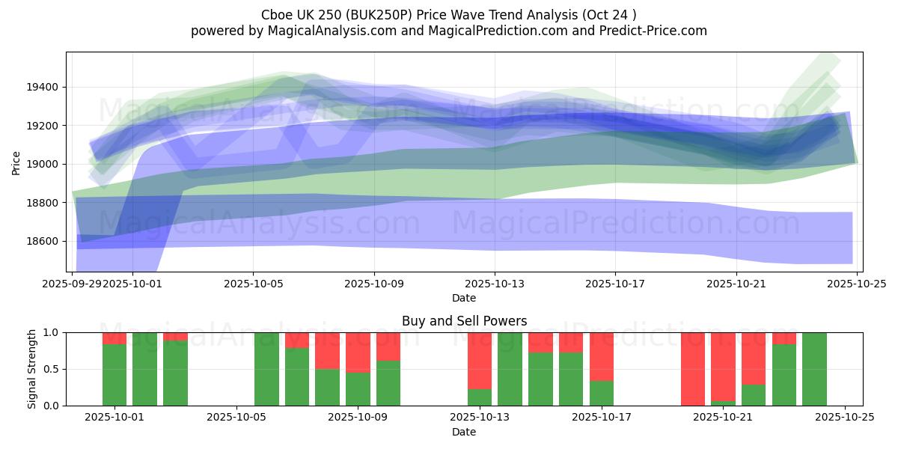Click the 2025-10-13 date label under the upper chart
click(x=494, y=284)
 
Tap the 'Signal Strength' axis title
click(x=31, y=369)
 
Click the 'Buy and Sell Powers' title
click(x=464, y=321)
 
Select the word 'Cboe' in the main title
click(x=278, y=15)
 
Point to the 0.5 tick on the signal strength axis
click(x=52, y=370)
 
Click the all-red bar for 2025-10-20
click(x=693, y=369)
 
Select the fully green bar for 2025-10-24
click(x=814, y=369)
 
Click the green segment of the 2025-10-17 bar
click(x=602, y=393)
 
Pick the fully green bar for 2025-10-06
click(x=266, y=369)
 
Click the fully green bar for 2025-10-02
click(x=144, y=369)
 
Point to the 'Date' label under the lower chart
click(x=464, y=432)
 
